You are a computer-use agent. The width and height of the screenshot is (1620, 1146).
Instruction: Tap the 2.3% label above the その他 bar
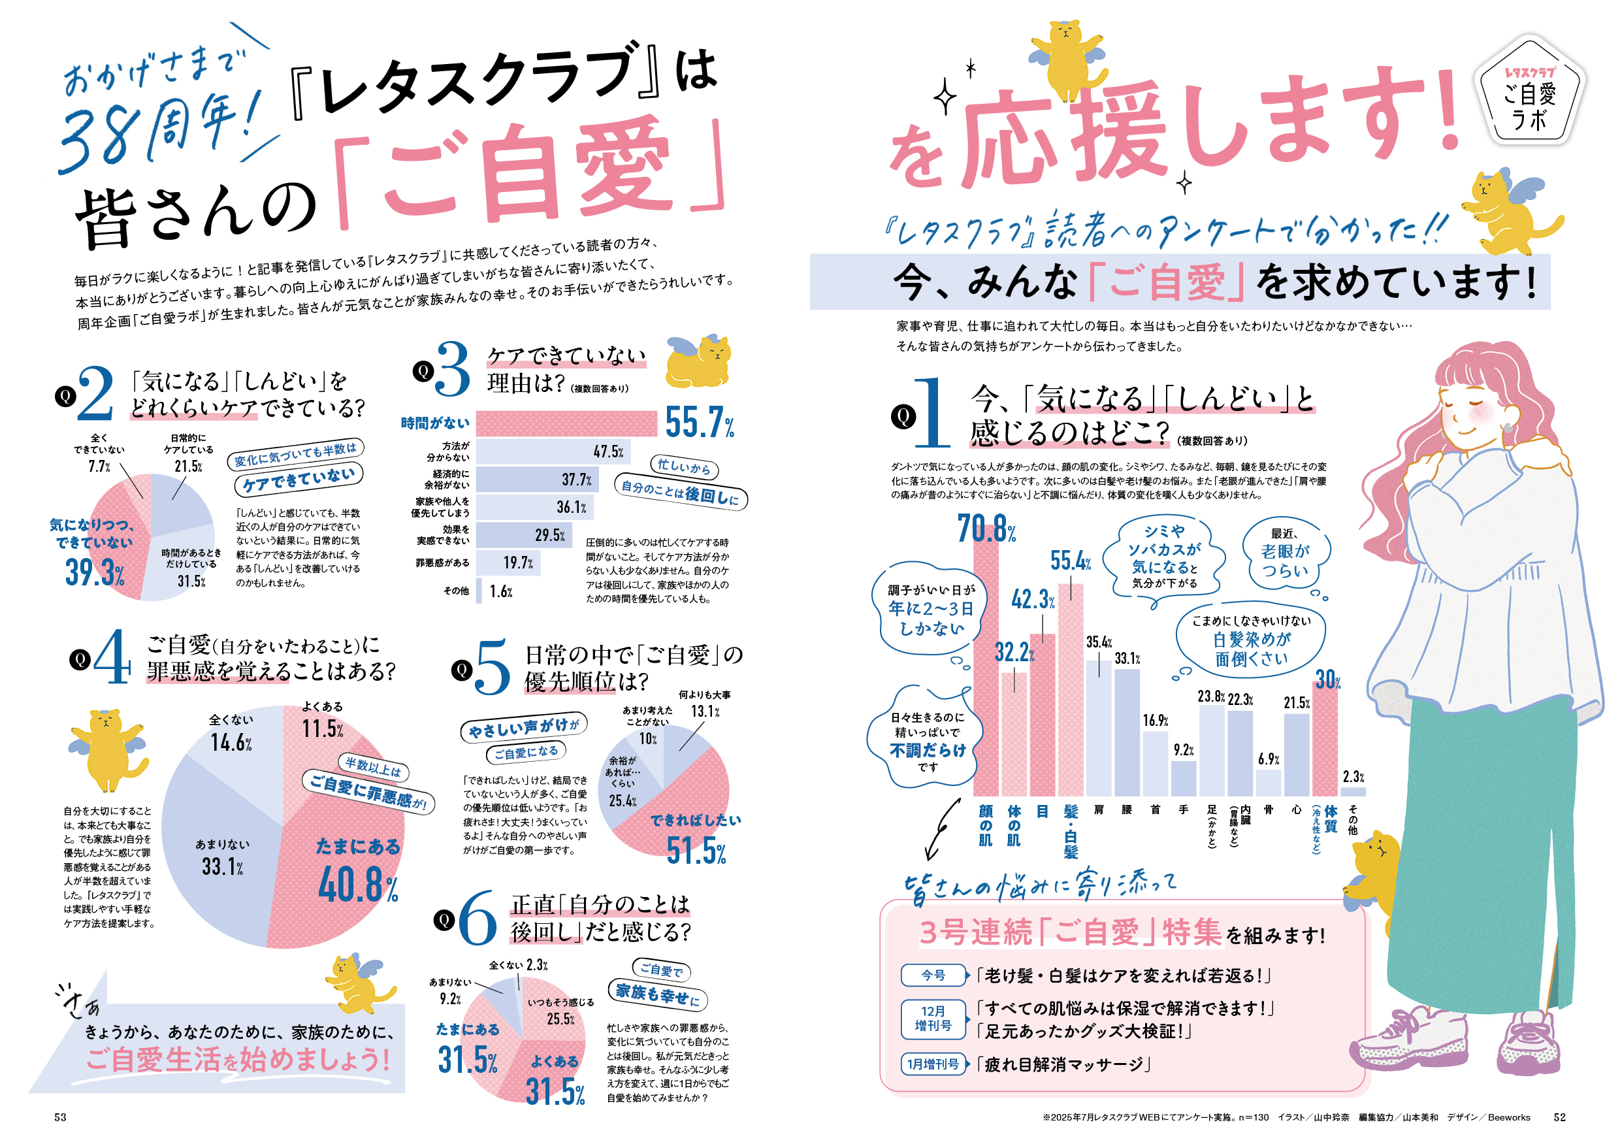tap(1353, 777)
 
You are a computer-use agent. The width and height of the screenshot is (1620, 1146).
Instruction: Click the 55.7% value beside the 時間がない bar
tap(698, 423)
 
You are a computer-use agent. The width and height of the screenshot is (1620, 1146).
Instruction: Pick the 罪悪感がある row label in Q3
tap(442, 563)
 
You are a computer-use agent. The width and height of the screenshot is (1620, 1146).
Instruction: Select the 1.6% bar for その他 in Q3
tap(479, 591)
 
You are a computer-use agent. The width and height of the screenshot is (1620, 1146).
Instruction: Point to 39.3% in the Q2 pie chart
tap(95, 572)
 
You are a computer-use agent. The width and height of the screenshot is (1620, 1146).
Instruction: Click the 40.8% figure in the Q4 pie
tap(358, 885)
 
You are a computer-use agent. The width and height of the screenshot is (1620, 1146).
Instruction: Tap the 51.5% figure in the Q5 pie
tap(696, 851)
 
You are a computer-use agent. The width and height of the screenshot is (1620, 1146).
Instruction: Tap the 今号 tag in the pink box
tap(933, 975)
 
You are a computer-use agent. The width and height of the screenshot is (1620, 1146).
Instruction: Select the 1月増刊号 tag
tap(933, 1064)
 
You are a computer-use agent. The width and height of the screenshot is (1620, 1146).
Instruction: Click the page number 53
tap(61, 1117)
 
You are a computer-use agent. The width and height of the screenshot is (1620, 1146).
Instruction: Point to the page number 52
tap(1559, 1117)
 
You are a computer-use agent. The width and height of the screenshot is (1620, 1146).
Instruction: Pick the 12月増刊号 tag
tap(933, 1019)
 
